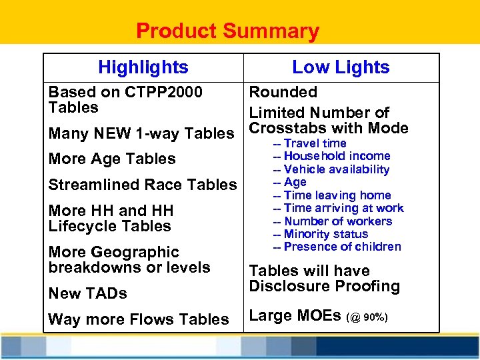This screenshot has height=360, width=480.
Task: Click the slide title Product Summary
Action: (x=227, y=31)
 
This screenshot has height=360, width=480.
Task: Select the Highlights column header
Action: (x=143, y=67)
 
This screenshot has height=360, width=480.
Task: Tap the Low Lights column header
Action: (x=341, y=67)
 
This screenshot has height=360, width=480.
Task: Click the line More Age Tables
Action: (x=112, y=159)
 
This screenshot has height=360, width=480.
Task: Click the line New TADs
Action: (x=88, y=293)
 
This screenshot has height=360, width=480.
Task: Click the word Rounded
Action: (x=283, y=92)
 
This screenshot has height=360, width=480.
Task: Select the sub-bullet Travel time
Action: (x=315, y=143)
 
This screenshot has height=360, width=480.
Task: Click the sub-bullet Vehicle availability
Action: (x=336, y=169)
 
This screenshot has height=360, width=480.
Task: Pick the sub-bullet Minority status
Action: (x=325, y=234)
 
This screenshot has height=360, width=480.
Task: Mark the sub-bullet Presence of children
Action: (x=342, y=247)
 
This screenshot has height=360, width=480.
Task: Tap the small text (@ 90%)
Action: (x=365, y=317)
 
